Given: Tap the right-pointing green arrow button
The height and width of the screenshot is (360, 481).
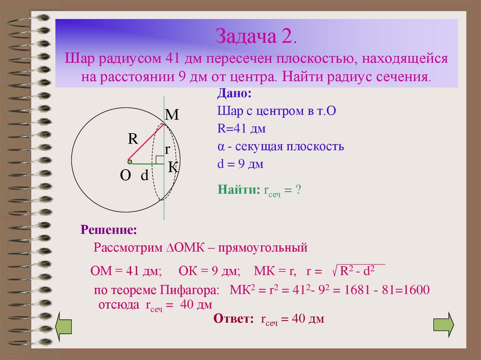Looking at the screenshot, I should point(443,324).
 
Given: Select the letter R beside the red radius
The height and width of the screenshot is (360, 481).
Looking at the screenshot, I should point(133,139).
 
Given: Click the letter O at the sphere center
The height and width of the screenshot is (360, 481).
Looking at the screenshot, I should point(125,176).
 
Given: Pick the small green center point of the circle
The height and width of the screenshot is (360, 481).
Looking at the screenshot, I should point(130,162).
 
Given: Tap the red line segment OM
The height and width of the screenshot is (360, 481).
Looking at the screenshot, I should point(147,143).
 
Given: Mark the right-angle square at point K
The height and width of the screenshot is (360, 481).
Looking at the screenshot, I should point(160,161).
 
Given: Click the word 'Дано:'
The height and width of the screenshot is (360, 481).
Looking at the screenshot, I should point(234,93).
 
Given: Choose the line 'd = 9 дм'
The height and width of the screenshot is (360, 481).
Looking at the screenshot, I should point(240,164).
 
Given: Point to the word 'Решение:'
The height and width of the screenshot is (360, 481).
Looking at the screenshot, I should point(109,230).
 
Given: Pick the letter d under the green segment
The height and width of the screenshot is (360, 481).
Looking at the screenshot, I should point(144,176).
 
